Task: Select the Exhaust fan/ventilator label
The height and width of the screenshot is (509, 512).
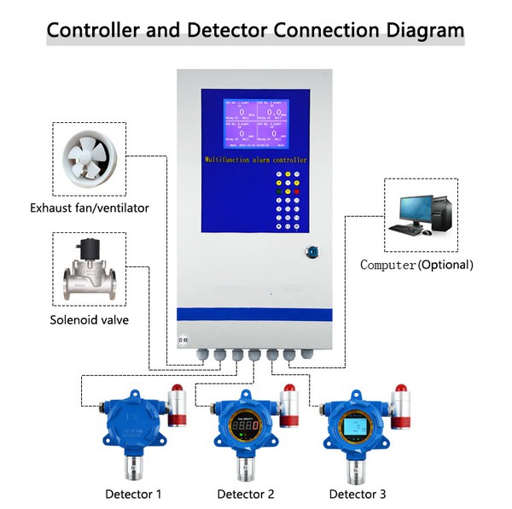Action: point(90,208)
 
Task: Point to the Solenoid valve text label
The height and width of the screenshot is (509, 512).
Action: point(90,321)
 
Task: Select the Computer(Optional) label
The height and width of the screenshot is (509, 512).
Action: point(416,265)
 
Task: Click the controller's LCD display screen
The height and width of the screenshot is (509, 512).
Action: point(254,126)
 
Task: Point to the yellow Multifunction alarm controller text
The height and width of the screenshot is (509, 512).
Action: point(255,160)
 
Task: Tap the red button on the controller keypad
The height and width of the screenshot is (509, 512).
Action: point(298,191)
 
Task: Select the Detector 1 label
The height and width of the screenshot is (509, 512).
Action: point(133,494)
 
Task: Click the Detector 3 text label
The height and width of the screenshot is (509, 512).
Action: point(358,494)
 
